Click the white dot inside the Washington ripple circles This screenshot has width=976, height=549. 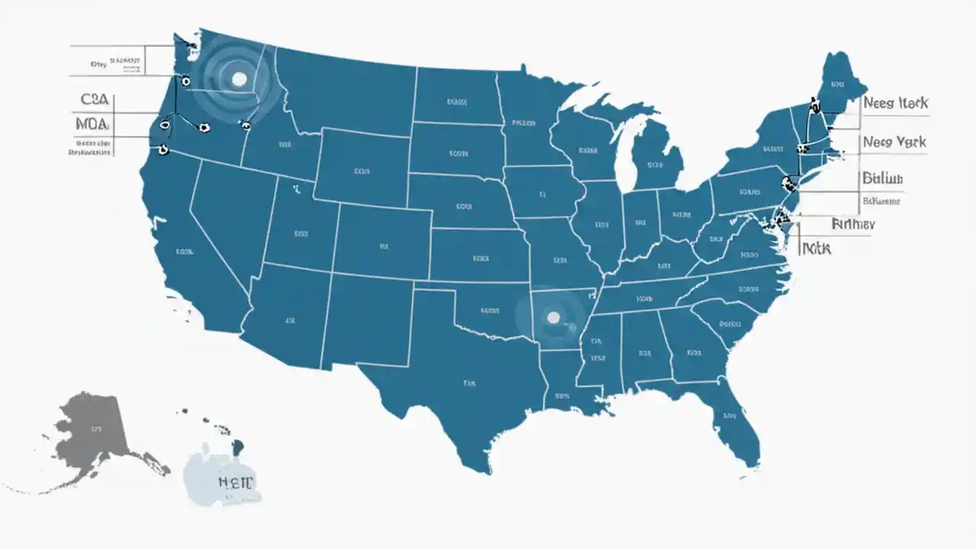tap(239, 79)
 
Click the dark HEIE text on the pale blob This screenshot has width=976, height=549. tap(236, 481)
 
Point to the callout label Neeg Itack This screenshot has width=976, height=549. tap(895, 103)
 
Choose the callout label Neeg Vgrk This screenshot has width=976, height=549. tap(894, 142)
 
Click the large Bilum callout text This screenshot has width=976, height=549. tap(883, 179)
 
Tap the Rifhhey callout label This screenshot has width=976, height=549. tap(853, 224)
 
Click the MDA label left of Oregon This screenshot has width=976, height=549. tap(93, 124)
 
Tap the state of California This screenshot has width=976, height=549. tap(187, 252)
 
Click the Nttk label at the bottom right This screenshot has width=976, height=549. tap(817, 248)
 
